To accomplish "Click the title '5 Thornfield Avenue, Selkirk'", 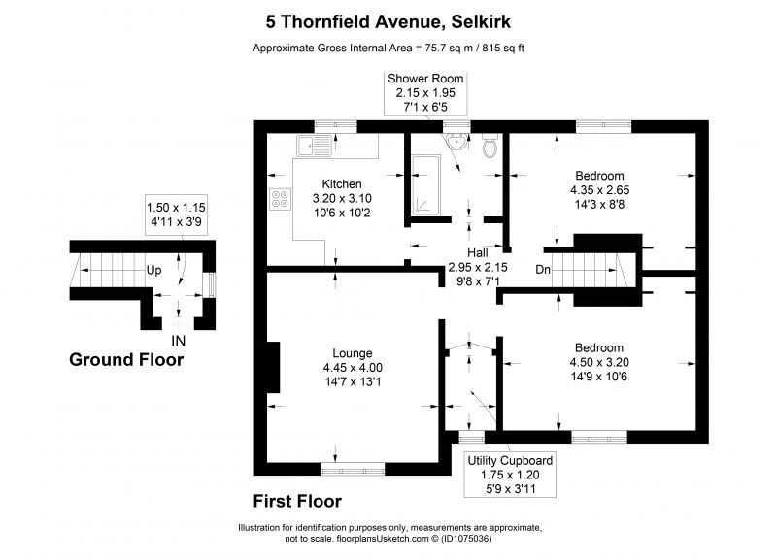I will [x=389, y=19].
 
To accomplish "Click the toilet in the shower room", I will [x=490, y=147].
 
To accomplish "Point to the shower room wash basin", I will [x=452, y=143].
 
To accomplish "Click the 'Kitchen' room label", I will [x=342, y=184].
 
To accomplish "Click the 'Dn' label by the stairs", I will [x=544, y=270].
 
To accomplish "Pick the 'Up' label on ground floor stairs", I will [x=153, y=271].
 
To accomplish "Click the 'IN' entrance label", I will [x=179, y=341].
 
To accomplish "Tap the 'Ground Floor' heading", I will [x=126, y=360].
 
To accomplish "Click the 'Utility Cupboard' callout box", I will [x=510, y=475].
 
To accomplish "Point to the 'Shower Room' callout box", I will [x=425, y=93].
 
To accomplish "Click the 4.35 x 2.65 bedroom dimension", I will [x=599, y=191].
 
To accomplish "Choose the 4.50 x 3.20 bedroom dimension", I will [x=598, y=362].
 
